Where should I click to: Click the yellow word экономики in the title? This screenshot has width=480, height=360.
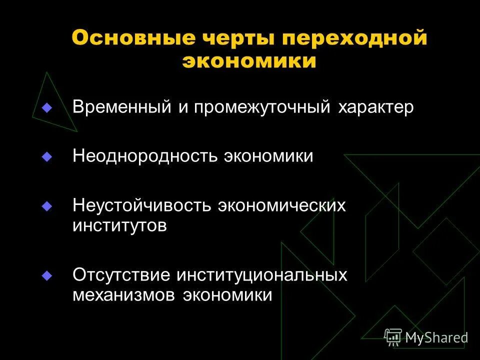coord(249,62)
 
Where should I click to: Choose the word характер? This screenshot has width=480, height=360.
coord(375,108)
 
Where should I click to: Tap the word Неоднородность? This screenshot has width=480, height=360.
coord(144,156)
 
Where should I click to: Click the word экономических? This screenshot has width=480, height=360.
coord(281,205)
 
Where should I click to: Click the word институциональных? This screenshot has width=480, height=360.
coord(261,275)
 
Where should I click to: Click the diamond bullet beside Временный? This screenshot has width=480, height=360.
coord(47,107)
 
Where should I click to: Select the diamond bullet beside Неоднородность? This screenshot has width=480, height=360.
coord(47,156)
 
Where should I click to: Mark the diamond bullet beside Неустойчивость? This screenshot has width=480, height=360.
coord(47,205)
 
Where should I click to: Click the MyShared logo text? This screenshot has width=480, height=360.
coord(436,337)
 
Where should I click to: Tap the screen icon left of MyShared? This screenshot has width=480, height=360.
coord(393,336)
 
